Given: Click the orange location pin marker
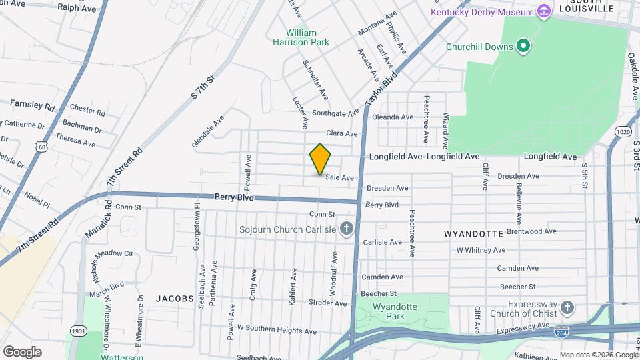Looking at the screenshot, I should pos(320,159).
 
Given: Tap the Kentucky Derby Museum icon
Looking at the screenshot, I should pos(545,12).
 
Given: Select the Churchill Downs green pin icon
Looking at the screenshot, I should pos(523,46).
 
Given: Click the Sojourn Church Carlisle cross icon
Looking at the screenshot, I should pos(346,230).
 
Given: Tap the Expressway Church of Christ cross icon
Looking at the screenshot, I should pos(567,308).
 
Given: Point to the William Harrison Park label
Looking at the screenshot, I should pos(308,37).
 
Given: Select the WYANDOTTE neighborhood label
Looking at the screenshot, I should pos(473,234).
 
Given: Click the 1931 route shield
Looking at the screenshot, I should pos(78,331).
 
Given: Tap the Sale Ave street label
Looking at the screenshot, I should pos(339,177).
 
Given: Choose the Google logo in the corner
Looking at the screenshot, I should pos(22,351).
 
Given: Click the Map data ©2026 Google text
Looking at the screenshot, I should pos(598,355).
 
